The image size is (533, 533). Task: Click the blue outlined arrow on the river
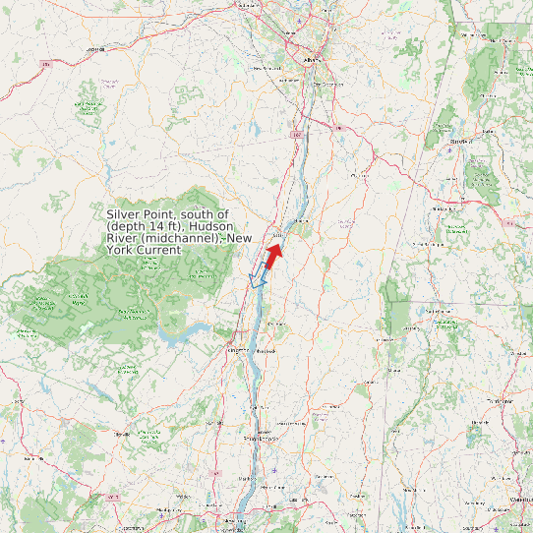pos(259,276)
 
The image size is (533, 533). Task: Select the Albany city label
pos(314,60)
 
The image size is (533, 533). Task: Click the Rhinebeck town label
pos(265,351)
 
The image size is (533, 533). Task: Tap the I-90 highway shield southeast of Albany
pos(337,127)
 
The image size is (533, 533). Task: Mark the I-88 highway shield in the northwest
pos(45,65)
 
